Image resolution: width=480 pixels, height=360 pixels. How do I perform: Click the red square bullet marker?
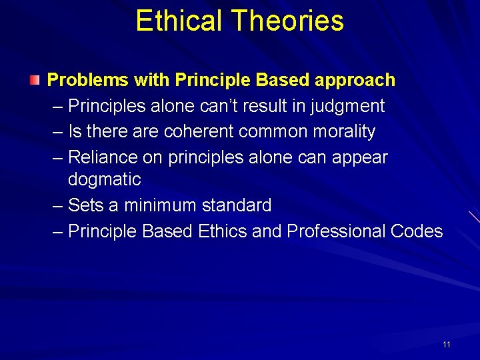click(35, 81)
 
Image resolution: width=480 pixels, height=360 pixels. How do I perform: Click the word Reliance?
click(99, 157)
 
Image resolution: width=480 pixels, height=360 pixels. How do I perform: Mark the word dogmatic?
click(105, 179)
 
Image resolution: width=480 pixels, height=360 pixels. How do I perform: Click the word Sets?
click(85, 205)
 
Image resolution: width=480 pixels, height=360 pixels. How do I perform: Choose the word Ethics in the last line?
click(223, 231)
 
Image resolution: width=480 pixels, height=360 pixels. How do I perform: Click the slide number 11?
click(447, 345)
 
